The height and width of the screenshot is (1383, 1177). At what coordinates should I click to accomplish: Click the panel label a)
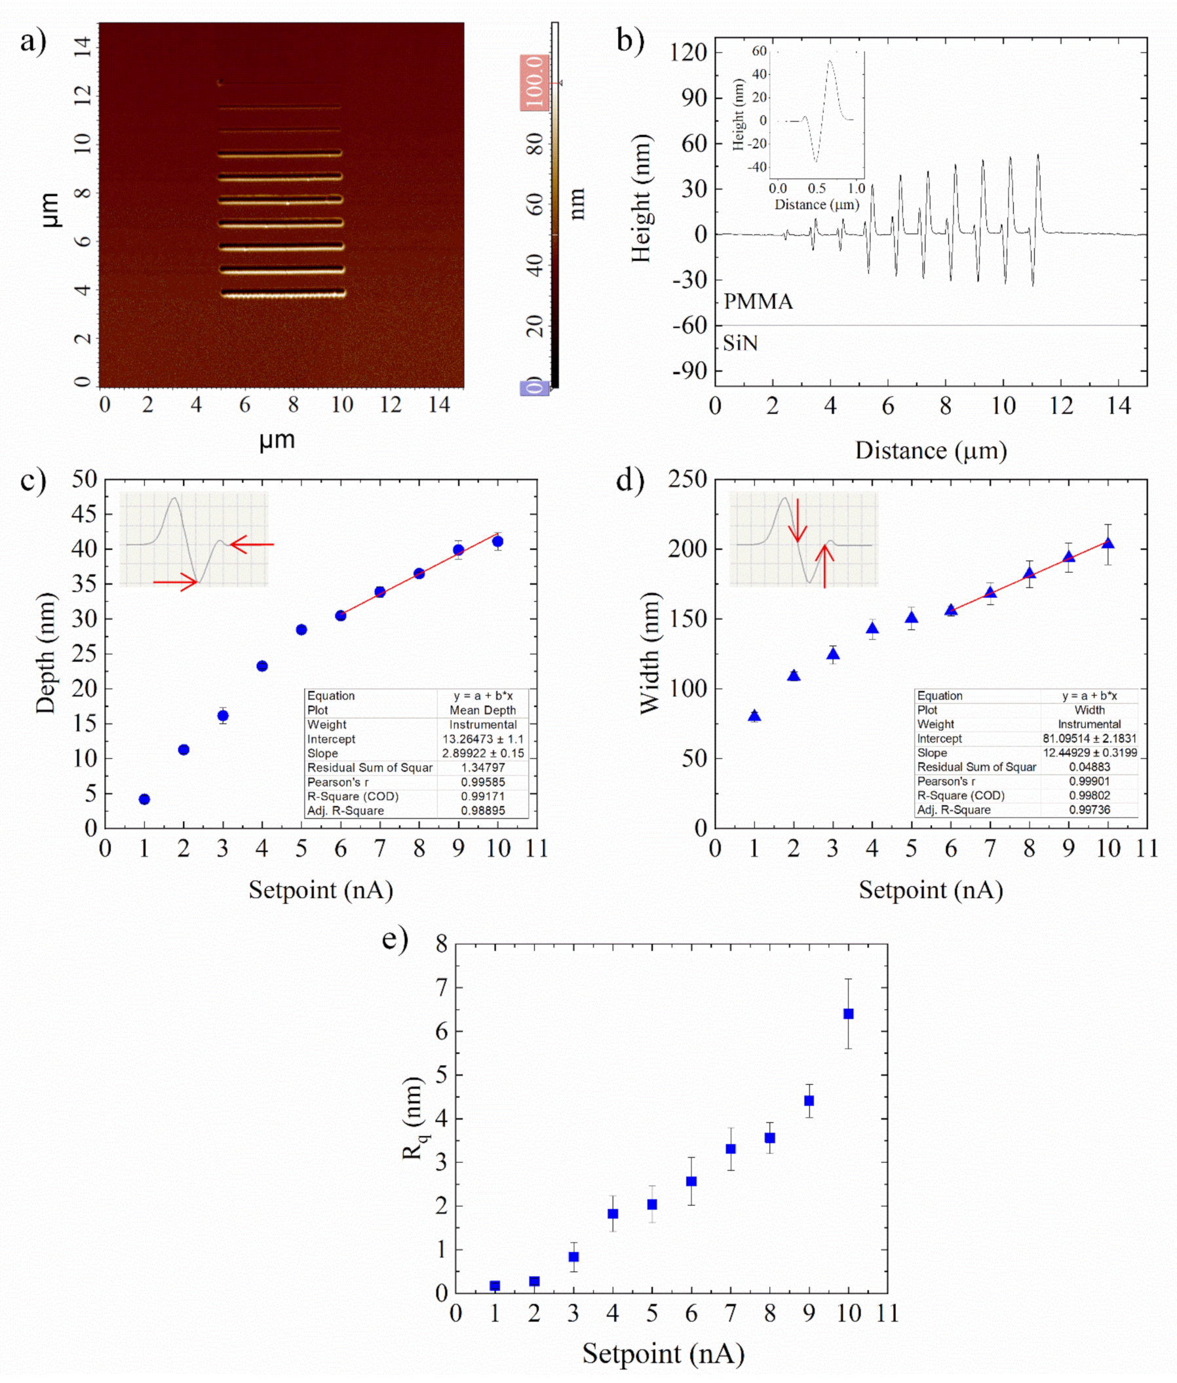pyautogui.click(x=33, y=42)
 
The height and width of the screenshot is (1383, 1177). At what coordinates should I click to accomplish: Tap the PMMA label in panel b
pyautogui.click(x=758, y=302)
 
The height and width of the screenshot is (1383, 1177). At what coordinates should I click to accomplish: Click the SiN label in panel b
pyautogui.click(x=740, y=343)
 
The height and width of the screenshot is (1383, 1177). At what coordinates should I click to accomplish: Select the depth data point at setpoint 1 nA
pyautogui.click(x=144, y=799)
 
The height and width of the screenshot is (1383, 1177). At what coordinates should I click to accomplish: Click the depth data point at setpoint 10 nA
pyautogui.click(x=497, y=541)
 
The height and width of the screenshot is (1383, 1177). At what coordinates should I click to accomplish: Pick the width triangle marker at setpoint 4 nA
pyautogui.click(x=872, y=628)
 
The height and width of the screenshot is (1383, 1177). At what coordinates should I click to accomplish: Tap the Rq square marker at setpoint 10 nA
pyautogui.click(x=848, y=1013)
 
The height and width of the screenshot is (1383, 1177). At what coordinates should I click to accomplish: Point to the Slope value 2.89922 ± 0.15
pyautogui.click(x=482, y=753)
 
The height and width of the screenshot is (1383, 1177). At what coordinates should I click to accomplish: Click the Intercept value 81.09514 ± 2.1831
pyautogui.click(x=1089, y=738)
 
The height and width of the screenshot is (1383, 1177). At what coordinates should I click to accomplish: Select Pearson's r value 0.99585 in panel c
pyautogui.click(x=482, y=781)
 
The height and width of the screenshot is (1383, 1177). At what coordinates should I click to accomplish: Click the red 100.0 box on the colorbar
pyautogui.click(x=535, y=83)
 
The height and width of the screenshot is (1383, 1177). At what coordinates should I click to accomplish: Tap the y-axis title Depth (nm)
pyautogui.click(x=46, y=653)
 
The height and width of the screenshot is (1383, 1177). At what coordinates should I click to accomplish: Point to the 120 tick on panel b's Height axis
pyautogui.click(x=690, y=52)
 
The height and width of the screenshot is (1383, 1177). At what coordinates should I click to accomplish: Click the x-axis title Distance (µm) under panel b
pyautogui.click(x=931, y=450)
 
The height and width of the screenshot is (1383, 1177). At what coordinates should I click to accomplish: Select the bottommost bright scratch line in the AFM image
pyautogui.click(x=283, y=293)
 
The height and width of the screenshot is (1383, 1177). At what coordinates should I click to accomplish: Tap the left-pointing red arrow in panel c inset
pyautogui.click(x=252, y=545)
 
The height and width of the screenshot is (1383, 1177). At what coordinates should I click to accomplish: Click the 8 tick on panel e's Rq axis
pyautogui.click(x=441, y=943)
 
